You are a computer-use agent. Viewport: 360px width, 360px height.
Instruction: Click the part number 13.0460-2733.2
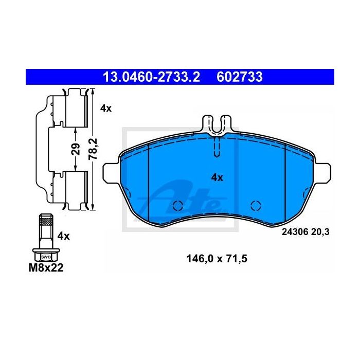151,77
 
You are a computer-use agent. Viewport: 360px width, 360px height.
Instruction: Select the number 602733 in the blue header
240,77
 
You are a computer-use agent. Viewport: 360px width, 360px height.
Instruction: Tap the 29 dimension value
76,149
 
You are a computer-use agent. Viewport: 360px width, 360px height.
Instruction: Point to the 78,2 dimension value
93,149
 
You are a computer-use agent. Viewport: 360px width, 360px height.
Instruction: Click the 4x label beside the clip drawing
106,109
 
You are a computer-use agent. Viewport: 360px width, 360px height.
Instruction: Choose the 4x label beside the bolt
63,236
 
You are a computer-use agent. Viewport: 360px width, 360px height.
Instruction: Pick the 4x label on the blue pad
217,177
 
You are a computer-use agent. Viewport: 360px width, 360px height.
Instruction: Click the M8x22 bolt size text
46,268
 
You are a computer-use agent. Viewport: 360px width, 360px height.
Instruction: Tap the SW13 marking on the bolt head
46,257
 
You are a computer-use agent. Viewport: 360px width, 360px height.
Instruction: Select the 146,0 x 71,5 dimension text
217,259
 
